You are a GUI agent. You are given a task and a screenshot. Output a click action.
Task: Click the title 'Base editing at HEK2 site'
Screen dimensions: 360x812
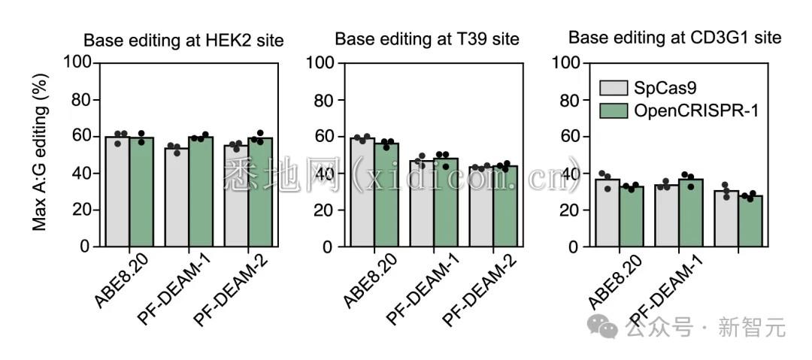pyautogui.click(x=183, y=41)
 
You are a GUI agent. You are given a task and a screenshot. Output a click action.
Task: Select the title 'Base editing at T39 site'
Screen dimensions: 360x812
pyautogui.click(x=427, y=38)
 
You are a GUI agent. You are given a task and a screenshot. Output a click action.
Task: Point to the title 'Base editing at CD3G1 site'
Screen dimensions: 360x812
pyautogui.click(x=674, y=37)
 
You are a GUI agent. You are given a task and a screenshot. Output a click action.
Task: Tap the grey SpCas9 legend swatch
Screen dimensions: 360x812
pyautogui.click(x=614, y=88)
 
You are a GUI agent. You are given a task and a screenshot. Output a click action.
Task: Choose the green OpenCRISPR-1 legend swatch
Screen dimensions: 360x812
pyautogui.click(x=614, y=111)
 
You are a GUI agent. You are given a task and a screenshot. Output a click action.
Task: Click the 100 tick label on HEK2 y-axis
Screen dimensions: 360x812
pyautogui.click(x=74, y=63)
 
